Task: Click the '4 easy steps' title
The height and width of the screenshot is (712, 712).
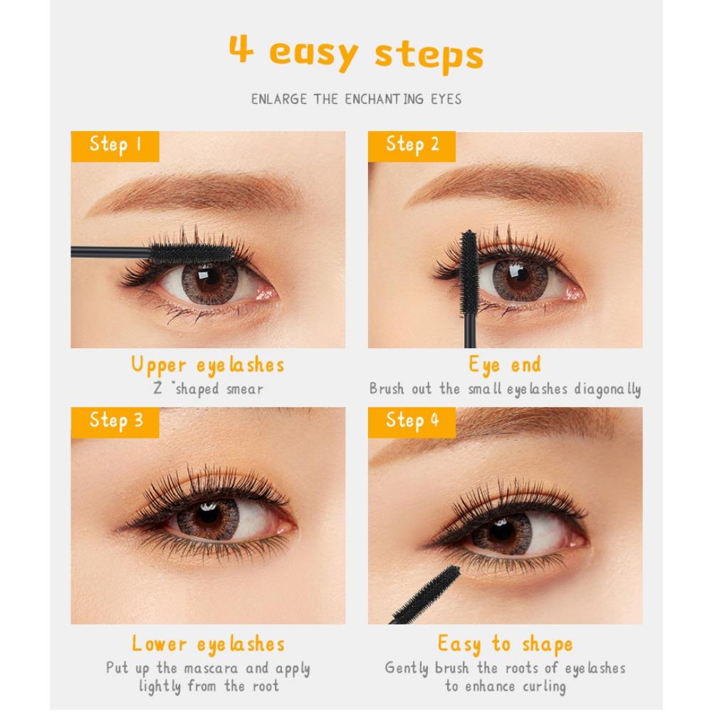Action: [x=356, y=53]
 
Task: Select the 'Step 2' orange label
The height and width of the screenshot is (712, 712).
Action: [x=412, y=146]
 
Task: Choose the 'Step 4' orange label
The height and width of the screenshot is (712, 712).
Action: [x=412, y=422]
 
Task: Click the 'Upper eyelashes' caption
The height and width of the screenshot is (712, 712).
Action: [x=208, y=365]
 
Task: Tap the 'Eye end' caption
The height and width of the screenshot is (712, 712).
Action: [x=505, y=365]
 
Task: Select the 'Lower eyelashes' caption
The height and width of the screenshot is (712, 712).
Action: [x=208, y=644]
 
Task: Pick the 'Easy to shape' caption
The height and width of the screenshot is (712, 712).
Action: [x=505, y=644]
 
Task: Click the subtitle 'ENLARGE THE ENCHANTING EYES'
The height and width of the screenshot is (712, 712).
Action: [x=356, y=99]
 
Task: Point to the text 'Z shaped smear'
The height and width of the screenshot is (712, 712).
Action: [x=208, y=389]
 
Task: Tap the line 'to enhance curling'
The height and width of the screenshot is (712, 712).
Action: [x=505, y=687]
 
